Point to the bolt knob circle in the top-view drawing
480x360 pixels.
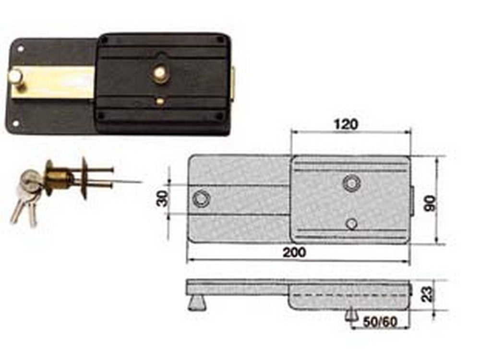[201, 198]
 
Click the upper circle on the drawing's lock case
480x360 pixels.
[351, 183]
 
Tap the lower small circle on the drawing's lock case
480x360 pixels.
[352, 223]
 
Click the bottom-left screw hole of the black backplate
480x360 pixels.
[16, 123]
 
